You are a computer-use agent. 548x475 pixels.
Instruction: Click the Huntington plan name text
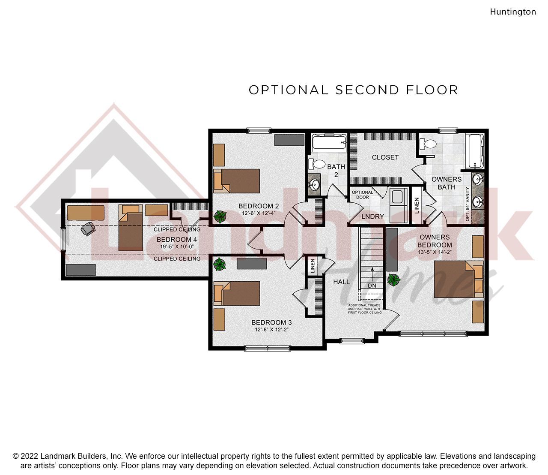pos(512,12)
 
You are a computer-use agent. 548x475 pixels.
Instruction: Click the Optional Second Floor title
pos(353,90)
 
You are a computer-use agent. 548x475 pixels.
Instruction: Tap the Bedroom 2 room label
pos(259,206)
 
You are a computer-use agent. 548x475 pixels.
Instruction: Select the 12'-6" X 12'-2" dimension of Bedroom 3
pos(271,330)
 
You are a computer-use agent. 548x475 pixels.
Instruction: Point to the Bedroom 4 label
pos(176,240)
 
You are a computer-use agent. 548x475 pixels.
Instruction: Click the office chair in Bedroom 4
pos(88,229)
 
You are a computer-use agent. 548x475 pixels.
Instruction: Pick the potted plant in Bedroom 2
pos(220,216)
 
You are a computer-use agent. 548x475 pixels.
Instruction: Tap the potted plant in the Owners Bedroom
pos(393,280)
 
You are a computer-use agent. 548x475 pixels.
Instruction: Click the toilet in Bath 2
pos(317,164)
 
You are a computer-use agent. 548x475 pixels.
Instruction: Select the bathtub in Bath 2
pos(328,143)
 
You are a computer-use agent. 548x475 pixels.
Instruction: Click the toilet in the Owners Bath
pos(428,144)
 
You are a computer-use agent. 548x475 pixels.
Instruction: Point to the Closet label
pos(385,157)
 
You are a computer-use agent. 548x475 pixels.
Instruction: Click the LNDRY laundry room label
pos(372,216)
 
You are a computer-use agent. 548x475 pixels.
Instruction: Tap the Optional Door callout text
pos(362,195)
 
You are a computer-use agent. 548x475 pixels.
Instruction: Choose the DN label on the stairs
pos(372,286)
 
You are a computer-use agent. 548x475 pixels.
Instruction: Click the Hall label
pos(341,282)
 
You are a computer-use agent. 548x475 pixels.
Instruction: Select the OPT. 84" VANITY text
pos(467,204)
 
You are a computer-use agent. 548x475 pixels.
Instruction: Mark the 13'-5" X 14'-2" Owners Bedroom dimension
pos(434,253)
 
